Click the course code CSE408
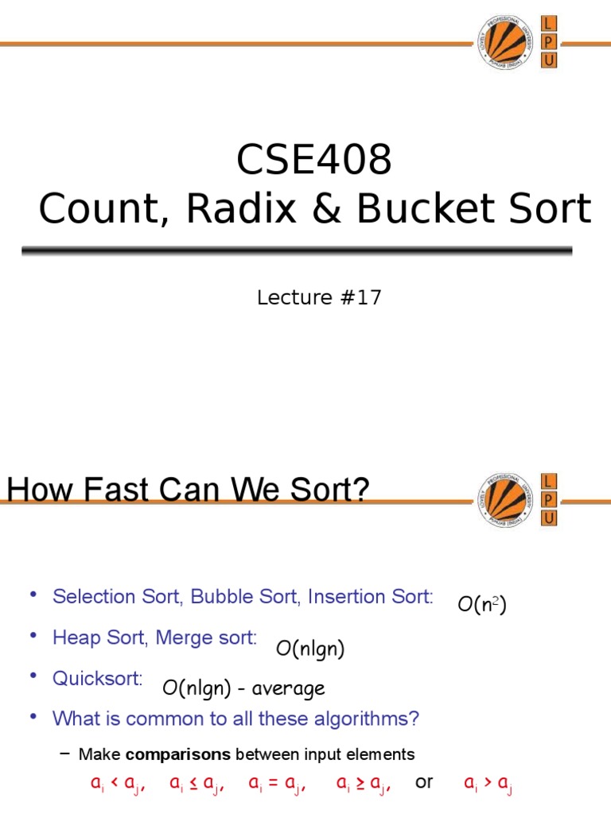[x=314, y=161]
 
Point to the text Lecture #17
[x=319, y=298]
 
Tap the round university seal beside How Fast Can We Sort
[x=505, y=499]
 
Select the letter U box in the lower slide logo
[x=549, y=517]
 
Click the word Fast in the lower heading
[x=138, y=490]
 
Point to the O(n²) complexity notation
[x=482, y=605]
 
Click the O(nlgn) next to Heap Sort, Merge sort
[x=310, y=649]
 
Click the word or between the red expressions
[x=424, y=782]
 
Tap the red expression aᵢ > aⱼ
[x=488, y=784]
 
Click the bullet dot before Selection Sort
[x=33, y=595]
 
